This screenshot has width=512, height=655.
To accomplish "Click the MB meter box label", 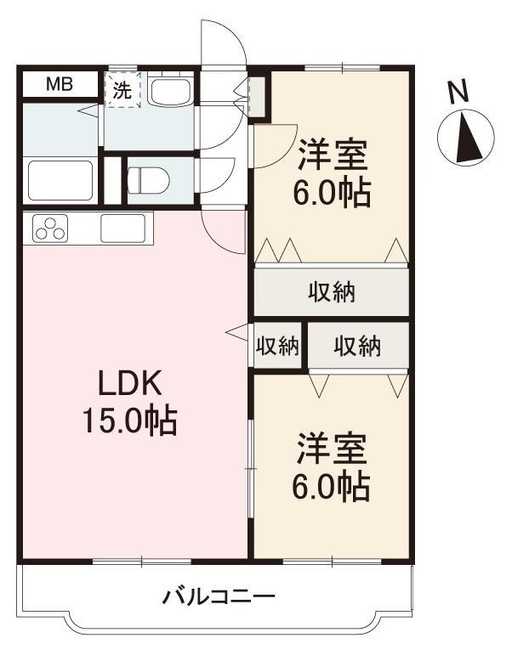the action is tap(60, 85).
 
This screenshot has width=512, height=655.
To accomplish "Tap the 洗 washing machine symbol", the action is tap(122, 90).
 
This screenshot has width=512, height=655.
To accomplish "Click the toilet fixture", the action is tap(148, 180).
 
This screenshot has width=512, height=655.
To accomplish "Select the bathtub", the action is tap(60, 180).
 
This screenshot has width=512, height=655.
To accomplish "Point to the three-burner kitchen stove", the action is tap(51, 228).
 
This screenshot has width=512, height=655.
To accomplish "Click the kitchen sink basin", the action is tap(123, 228).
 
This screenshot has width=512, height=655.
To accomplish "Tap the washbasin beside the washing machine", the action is tap(171, 91).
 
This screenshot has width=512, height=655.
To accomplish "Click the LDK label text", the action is tap(129, 383).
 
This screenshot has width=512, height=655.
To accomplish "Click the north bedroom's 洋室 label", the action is tap(333, 155).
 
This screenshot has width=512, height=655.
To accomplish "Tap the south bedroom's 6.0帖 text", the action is tap(332, 487).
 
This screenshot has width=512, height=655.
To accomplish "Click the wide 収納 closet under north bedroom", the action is tap(332, 292).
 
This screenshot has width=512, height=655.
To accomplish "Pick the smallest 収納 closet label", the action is tap(278, 346).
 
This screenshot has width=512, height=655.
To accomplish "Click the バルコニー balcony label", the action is tap(219, 597).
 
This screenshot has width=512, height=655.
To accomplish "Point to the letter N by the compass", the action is tap(458, 92).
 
